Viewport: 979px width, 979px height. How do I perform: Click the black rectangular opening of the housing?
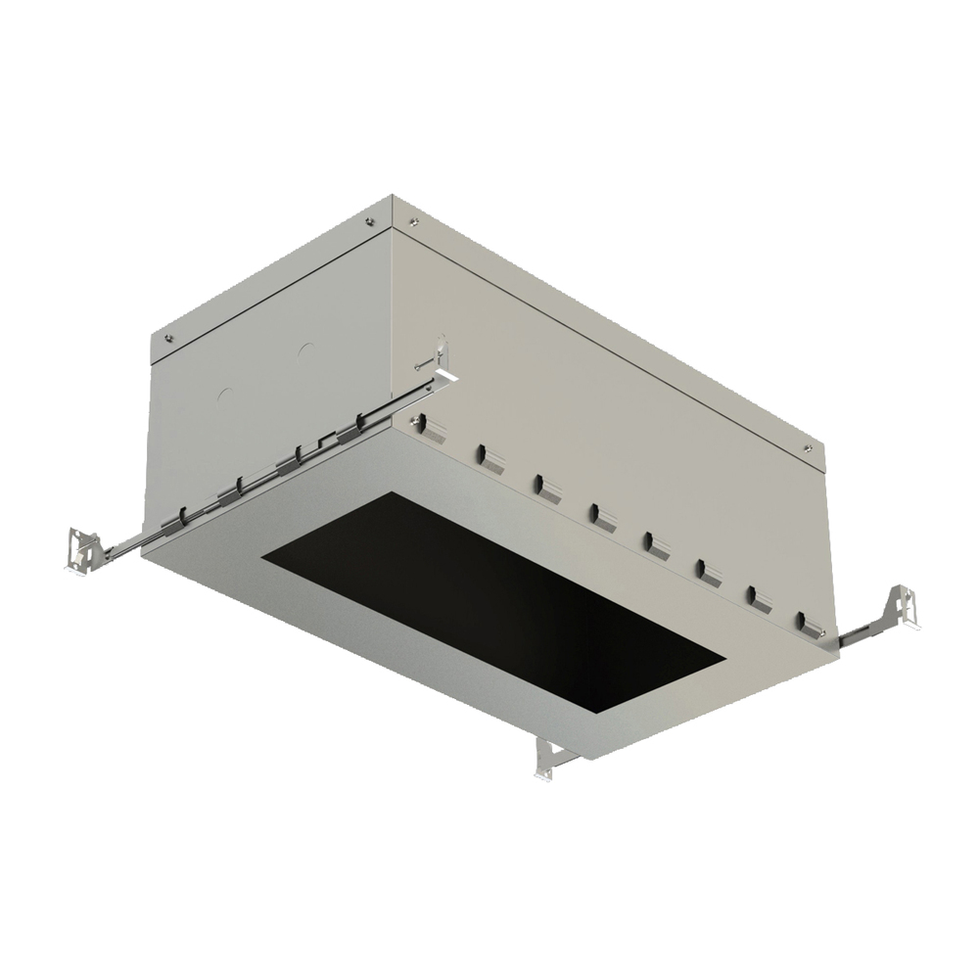point(489,597)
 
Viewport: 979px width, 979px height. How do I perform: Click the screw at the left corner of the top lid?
point(171,339)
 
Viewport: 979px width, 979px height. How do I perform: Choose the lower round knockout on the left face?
point(224,397)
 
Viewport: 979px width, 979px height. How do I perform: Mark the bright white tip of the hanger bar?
point(450,374)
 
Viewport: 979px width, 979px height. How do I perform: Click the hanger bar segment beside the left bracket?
point(122,550)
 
